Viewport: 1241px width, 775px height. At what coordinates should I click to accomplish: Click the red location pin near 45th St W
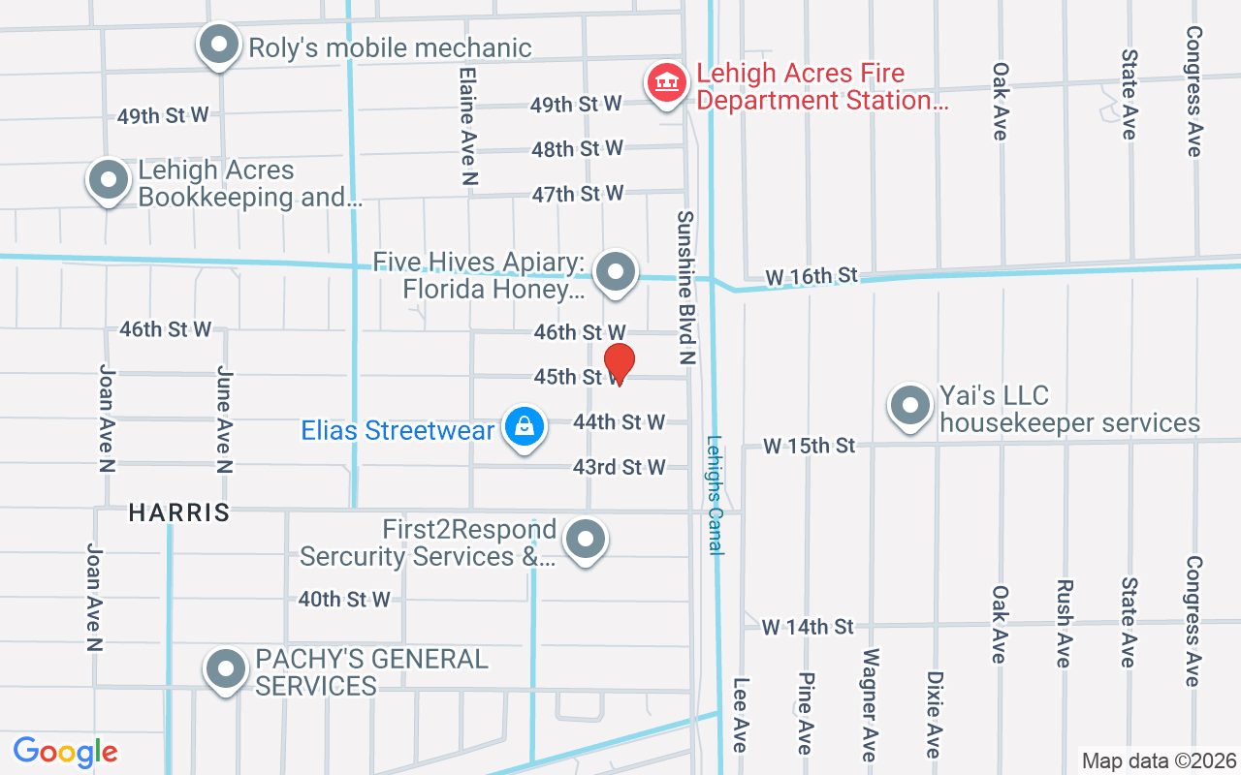click(x=619, y=364)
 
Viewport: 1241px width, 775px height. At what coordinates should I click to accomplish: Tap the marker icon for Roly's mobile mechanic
click(x=219, y=46)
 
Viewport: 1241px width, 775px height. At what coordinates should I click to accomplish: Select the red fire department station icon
click(x=666, y=82)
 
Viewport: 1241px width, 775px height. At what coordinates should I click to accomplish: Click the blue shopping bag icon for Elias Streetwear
click(x=524, y=427)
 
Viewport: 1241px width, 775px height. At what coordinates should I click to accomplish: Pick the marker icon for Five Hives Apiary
click(x=615, y=273)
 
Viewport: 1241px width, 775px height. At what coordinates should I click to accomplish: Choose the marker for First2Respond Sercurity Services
click(x=586, y=541)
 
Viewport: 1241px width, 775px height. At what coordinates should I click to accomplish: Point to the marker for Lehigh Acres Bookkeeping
click(x=109, y=180)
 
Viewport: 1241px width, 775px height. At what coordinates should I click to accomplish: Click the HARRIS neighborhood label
click(x=179, y=512)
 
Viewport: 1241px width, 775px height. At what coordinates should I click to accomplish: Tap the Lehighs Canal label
click(x=716, y=494)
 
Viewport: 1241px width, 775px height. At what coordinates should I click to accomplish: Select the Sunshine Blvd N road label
click(x=686, y=288)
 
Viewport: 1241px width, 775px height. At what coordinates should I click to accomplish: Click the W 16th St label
click(x=811, y=277)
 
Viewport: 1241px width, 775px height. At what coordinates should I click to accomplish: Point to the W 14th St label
click(x=808, y=627)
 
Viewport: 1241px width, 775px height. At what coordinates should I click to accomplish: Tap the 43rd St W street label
click(x=619, y=467)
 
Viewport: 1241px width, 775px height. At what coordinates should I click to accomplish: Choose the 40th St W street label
click(x=344, y=600)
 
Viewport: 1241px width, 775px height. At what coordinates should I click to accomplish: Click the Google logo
click(x=65, y=752)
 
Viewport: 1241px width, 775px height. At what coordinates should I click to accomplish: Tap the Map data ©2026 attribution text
click(x=1160, y=760)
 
